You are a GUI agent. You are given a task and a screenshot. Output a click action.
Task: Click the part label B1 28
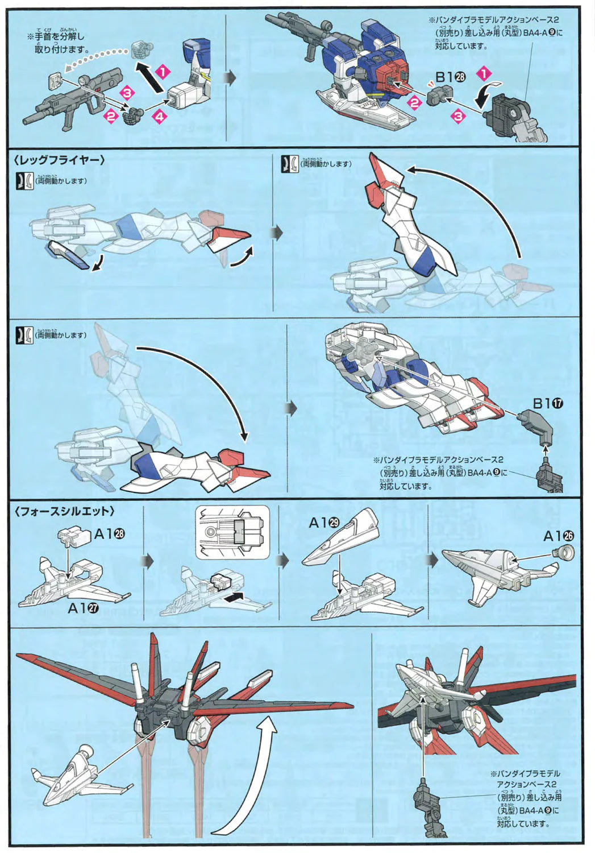coord(451,78)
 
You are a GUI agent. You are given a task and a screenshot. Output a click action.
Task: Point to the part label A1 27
coord(83,608)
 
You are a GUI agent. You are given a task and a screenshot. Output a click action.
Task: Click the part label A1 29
coord(324,523)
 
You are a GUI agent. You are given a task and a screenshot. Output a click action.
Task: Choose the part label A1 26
coord(559,536)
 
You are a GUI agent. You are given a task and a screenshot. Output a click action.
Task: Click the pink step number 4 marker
coord(160,117)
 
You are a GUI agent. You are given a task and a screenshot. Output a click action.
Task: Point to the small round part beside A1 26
coord(567,551)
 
